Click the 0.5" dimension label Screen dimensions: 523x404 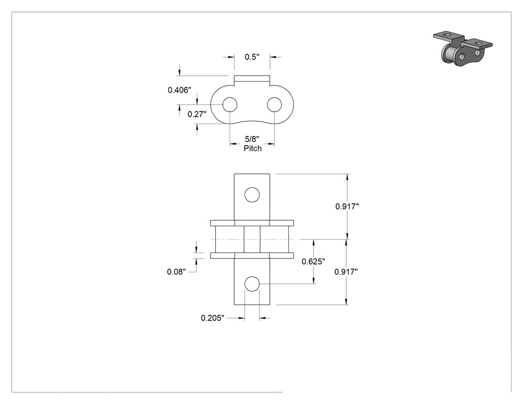[252, 57]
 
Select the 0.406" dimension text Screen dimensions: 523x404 [179, 90]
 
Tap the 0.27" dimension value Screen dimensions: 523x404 [197, 114]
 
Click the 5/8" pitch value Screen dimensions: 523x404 [252, 139]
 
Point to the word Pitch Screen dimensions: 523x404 [253, 148]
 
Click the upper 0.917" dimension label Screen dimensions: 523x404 [347, 207]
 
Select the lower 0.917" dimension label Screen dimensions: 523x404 [346, 272]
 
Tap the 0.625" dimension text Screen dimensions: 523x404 [313, 262]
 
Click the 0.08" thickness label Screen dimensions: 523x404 [176, 272]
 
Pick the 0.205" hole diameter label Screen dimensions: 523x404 [213, 318]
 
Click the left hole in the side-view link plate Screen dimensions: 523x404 [230, 105]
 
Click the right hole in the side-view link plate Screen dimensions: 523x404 [274, 105]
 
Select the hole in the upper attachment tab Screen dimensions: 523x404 [252, 194]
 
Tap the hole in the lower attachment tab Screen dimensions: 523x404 [252, 284]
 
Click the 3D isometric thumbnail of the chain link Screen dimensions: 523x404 [463, 49]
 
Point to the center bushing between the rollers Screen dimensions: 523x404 [252, 239]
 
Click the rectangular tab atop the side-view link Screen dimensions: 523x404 [252, 80]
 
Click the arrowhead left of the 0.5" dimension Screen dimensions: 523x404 [231, 57]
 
